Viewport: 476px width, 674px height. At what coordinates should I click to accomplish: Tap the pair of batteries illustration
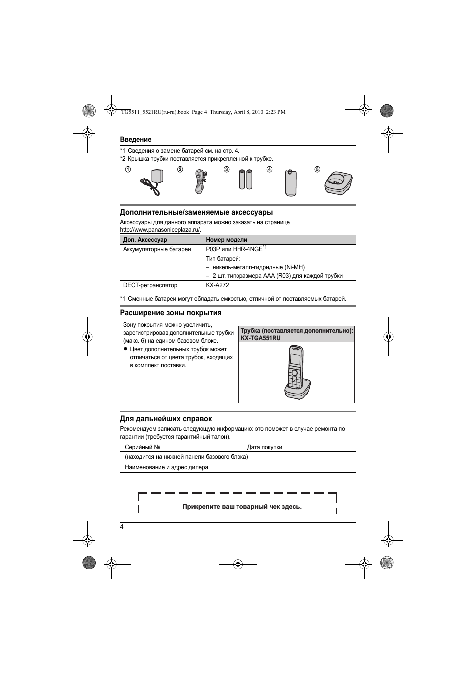(x=245, y=180)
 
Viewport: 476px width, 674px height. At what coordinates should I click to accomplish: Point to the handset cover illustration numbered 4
(x=291, y=182)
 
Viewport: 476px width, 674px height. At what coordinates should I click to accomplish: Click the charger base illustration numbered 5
(x=339, y=182)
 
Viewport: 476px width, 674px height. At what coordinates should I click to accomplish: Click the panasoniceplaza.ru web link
(x=160, y=230)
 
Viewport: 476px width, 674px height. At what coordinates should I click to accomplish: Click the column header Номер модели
(x=227, y=240)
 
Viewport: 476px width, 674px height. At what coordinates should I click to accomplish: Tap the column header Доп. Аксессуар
(x=145, y=240)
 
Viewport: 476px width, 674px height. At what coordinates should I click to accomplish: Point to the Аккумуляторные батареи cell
(x=157, y=249)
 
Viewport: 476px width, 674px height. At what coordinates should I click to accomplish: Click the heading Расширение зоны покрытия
(x=170, y=313)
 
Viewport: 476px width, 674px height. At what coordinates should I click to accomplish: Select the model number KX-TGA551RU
(x=260, y=338)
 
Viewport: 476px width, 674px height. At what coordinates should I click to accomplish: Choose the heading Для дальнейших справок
(x=166, y=419)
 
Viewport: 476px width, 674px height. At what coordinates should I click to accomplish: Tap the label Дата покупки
(x=264, y=447)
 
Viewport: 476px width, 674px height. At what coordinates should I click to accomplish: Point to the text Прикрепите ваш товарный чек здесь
(x=242, y=507)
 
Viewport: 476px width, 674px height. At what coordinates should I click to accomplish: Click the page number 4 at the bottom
(x=122, y=528)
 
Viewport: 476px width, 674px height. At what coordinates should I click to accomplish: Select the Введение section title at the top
(x=135, y=140)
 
